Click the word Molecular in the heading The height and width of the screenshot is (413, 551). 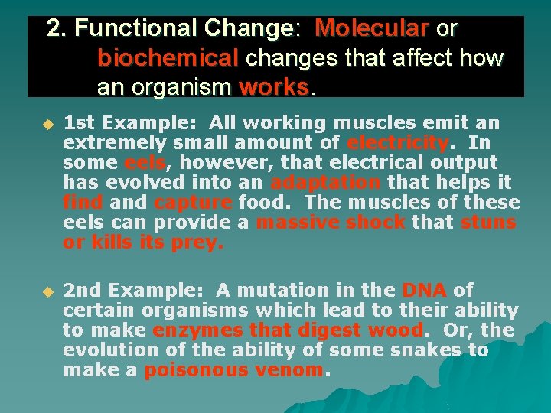(x=371, y=29)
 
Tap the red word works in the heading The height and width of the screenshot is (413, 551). (x=273, y=87)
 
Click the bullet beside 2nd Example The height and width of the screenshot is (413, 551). (x=47, y=291)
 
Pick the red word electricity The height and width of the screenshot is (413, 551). (x=396, y=143)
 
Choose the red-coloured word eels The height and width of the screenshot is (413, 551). (x=144, y=163)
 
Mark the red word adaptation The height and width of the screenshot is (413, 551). (x=325, y=183)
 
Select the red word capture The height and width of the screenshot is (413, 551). (x=193, y=203)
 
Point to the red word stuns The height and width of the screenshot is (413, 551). (x=488, y=223)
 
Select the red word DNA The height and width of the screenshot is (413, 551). (x=424, y=291)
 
